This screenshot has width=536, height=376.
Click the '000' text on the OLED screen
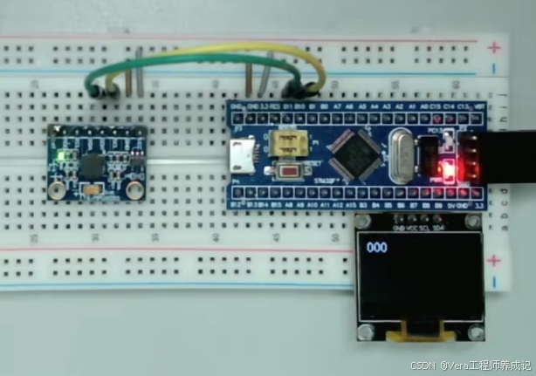[377, 248]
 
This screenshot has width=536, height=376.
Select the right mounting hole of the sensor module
[134, 188]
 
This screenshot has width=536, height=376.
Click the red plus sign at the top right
[495, 48]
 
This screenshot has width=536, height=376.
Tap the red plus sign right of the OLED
[495, 260]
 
